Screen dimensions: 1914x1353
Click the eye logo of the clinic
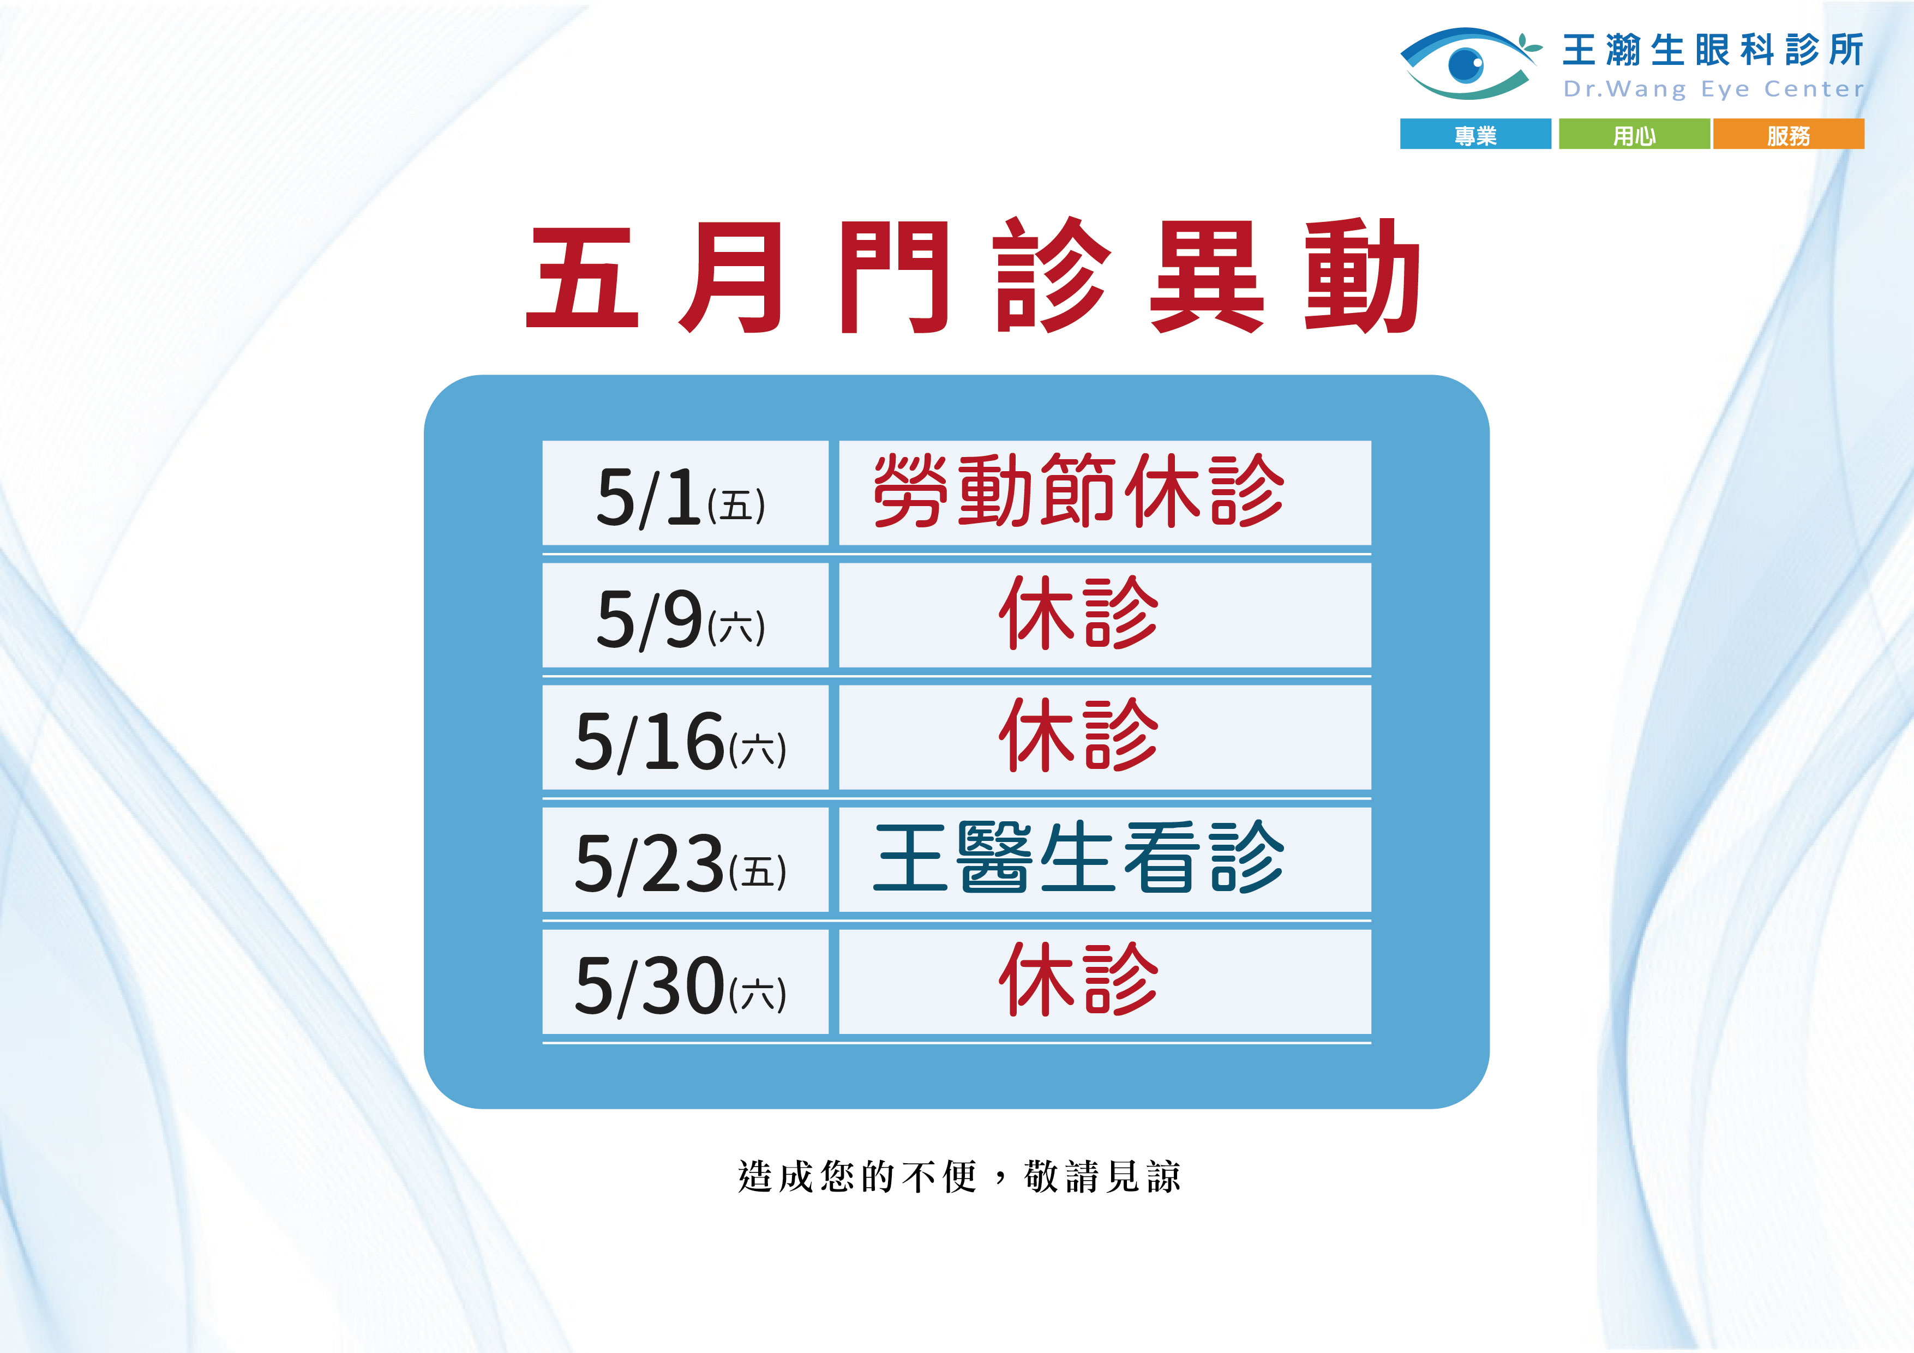(1469, 63)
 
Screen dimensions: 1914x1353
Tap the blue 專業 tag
(1475, 134)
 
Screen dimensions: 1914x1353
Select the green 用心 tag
(1634, 134)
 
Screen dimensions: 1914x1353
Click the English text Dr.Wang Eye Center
(1713, 88)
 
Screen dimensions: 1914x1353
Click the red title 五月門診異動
(973, 276)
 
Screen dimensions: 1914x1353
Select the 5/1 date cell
(685, 492)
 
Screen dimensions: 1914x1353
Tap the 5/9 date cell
(685, 615)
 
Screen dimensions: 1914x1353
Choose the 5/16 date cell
(685, 737)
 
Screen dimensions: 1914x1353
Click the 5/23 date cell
(685, 859)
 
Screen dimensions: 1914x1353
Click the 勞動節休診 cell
(1105, 492)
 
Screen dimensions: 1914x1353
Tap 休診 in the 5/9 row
(1079, 613)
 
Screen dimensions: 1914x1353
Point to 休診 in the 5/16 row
(1079, 735)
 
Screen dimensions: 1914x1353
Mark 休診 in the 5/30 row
(1079, 979)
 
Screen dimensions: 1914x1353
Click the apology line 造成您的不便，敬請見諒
(959, 1176)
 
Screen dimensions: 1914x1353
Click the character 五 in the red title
(583, 277)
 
